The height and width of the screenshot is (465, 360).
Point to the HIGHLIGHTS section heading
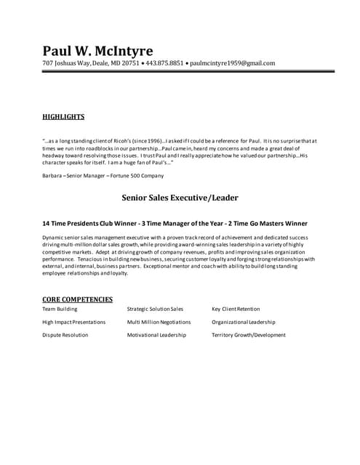pos(63,116)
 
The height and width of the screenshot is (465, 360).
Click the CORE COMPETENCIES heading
pos(77,299)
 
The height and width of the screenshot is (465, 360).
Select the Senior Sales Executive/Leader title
pos(180,197)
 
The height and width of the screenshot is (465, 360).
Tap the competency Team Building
pos(60,309)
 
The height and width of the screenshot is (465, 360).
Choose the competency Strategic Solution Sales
pos(155,309)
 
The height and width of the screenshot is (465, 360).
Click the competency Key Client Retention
pos(236,309)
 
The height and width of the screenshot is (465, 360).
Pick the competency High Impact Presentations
pos(73,322)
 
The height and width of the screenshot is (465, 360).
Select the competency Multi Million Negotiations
pos(159,322)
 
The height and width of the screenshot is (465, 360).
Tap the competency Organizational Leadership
pos(244,322)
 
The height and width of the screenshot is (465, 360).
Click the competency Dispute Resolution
pos(65,335)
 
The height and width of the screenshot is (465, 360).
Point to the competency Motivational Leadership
pos(156,335)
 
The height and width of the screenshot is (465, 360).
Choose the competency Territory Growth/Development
pos(249,335)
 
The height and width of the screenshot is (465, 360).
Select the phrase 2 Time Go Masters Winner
pos(264,223)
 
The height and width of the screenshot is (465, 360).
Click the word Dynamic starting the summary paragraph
pos(54,238)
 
